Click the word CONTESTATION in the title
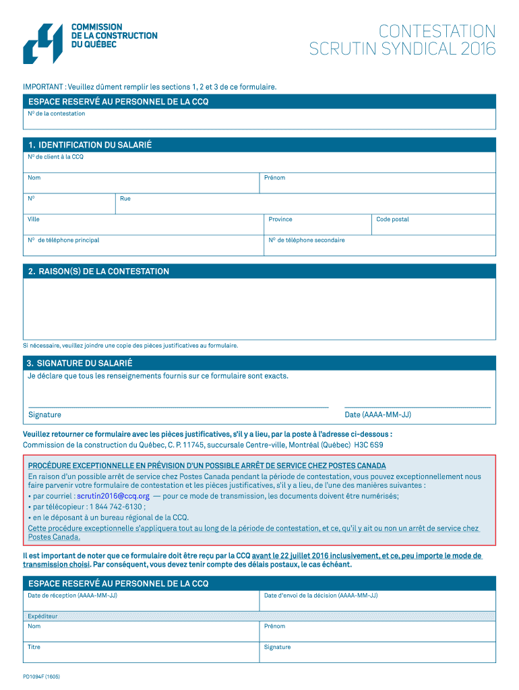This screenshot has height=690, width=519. tap(437, 31)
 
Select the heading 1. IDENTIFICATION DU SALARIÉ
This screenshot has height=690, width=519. tap(90, 145)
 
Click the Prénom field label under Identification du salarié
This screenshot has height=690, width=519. tap(275, 178)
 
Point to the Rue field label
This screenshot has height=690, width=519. tap(125, 199)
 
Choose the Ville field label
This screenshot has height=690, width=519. tap(34, 220)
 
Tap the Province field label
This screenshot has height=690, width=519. tap(280, 220)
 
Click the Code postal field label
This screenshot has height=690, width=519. tap(392, 220)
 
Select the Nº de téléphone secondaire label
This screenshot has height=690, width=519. tap(307, 241)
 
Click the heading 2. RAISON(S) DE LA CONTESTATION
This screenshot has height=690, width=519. tap(98, 272)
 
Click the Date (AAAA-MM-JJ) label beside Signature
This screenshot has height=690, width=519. tap(377, 415)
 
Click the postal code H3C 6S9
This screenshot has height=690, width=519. tap(369, 445)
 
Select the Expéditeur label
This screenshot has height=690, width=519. tap(42, 617)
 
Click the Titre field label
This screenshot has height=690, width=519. tap(34, 648)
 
